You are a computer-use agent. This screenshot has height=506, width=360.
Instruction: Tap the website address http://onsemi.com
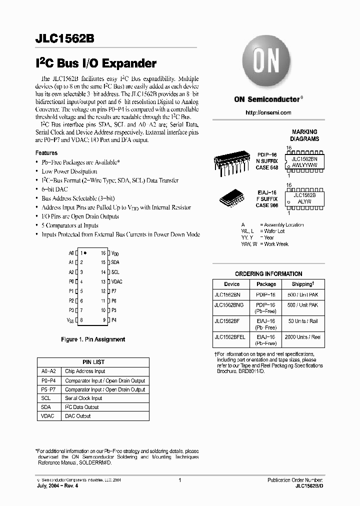pos(268,113)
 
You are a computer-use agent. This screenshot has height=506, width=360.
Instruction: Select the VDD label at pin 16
pos(115,253)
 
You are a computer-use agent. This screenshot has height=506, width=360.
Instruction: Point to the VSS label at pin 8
pos(70,320)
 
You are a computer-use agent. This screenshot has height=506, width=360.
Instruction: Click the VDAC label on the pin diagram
pos(117,281)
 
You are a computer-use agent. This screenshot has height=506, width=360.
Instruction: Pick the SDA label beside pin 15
pos(115,262)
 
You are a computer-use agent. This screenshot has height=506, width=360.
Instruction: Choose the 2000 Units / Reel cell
pos(302,337)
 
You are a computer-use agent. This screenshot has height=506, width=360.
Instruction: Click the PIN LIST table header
pos(93,362)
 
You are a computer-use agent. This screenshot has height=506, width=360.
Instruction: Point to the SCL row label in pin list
pos(45,398)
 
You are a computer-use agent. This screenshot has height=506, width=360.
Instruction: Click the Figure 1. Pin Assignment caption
pos(93,339)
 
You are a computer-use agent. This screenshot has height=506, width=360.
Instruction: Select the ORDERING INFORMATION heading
pos(268,274)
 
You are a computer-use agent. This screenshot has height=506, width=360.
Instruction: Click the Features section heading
pos(46,153)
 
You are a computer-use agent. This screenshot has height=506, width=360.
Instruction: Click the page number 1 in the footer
pos(179,480)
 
